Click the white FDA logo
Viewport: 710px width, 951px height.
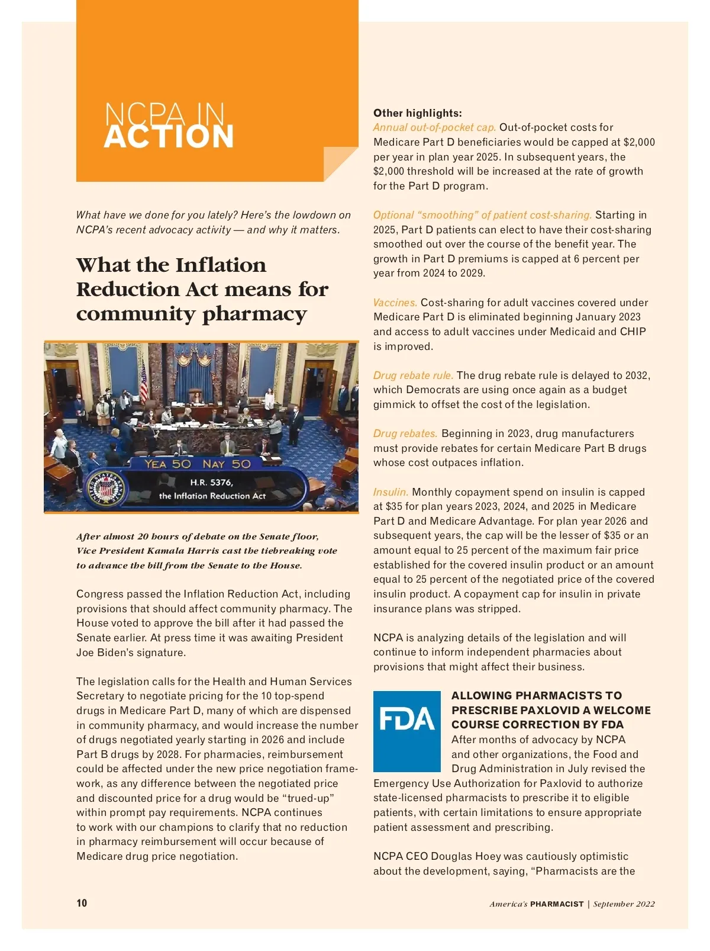(406, 719)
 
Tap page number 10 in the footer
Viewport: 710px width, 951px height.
(82, 903)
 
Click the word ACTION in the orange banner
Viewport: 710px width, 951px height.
(169, 137)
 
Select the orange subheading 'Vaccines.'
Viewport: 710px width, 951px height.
(395, 303)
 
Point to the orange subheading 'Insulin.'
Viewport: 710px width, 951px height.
(390, 492)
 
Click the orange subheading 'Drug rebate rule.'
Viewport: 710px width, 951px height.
(413, 375)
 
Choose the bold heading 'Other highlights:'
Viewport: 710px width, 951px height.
(418, 113)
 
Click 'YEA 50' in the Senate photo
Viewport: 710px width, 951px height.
(168, 464)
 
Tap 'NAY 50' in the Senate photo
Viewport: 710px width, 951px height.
(227, 464)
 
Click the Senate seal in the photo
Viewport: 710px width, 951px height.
(106, 489)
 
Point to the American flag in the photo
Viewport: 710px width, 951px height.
(143, 379)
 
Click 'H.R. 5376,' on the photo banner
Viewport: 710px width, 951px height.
(211, 482)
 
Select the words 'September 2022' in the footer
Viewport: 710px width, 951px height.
(624, 904)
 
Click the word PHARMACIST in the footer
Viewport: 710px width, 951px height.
(557, 904)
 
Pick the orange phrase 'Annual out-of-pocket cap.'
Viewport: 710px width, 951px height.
(434, 127)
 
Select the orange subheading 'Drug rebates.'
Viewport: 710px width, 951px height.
(405, 433)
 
